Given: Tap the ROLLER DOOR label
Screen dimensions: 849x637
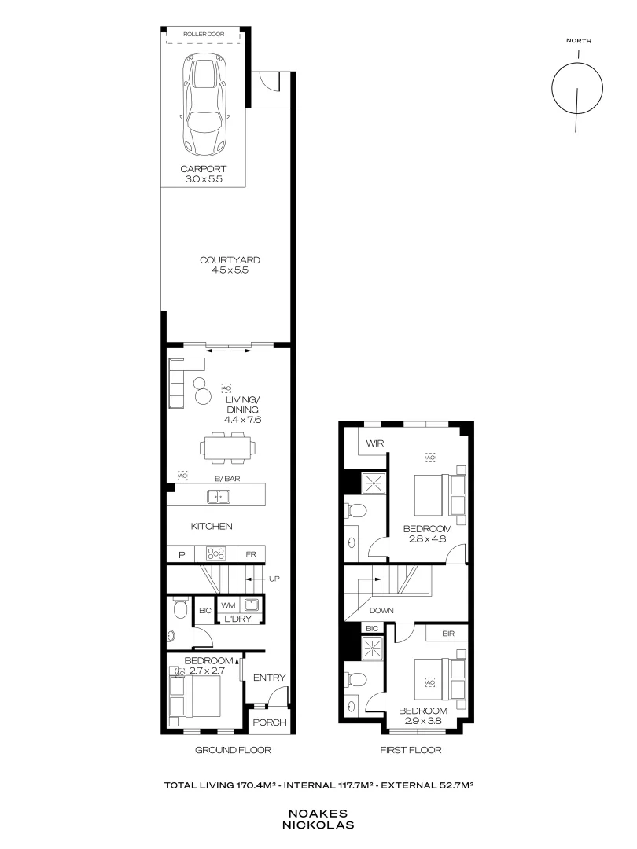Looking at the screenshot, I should coord(204,35).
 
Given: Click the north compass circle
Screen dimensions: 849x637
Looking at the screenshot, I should coord(578,88).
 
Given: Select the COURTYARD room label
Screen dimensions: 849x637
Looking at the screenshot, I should coord(230,260).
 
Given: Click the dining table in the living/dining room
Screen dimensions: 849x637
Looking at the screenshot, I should coord(228,447).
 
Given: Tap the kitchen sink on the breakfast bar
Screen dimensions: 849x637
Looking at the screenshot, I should coord(218,496).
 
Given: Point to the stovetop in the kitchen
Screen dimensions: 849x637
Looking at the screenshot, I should coord(216,554).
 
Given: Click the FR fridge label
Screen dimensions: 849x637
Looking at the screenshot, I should coord(252,555).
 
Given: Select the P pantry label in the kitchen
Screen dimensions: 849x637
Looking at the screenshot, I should coord(181,555).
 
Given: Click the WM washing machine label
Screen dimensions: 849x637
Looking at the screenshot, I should coord(228,605).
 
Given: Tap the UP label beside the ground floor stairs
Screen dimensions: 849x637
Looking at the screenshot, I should coord(274,579).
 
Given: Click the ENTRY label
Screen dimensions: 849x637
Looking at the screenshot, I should coord(270,678).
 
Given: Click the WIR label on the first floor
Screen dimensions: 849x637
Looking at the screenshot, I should coord(374,443).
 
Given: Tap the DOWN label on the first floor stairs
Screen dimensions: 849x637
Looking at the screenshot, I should coord(381,609).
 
